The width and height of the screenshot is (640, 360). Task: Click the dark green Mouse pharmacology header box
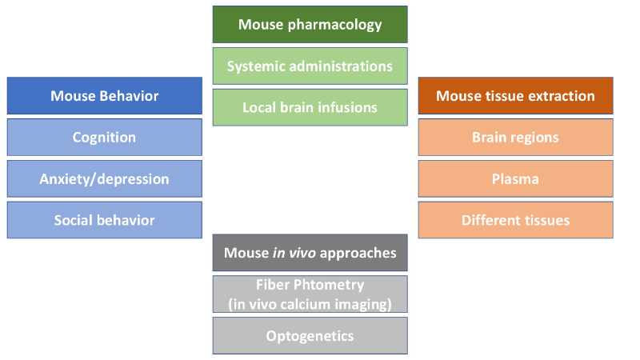310,24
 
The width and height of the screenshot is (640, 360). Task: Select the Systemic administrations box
310,66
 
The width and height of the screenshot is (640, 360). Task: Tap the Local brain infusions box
310,107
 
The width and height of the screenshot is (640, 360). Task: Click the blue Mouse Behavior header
104,96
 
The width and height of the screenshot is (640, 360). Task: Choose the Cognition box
104,138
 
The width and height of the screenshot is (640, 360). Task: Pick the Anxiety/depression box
104,179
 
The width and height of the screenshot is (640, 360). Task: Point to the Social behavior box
104,220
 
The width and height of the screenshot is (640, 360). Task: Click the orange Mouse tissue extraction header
515,96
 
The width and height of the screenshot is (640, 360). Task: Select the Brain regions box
515,138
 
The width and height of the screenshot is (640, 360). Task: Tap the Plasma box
515,179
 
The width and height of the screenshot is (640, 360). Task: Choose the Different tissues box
515,220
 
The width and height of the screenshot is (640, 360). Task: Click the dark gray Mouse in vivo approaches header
310,253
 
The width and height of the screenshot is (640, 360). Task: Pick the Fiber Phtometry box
310,294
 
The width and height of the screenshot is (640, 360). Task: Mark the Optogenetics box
310,336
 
